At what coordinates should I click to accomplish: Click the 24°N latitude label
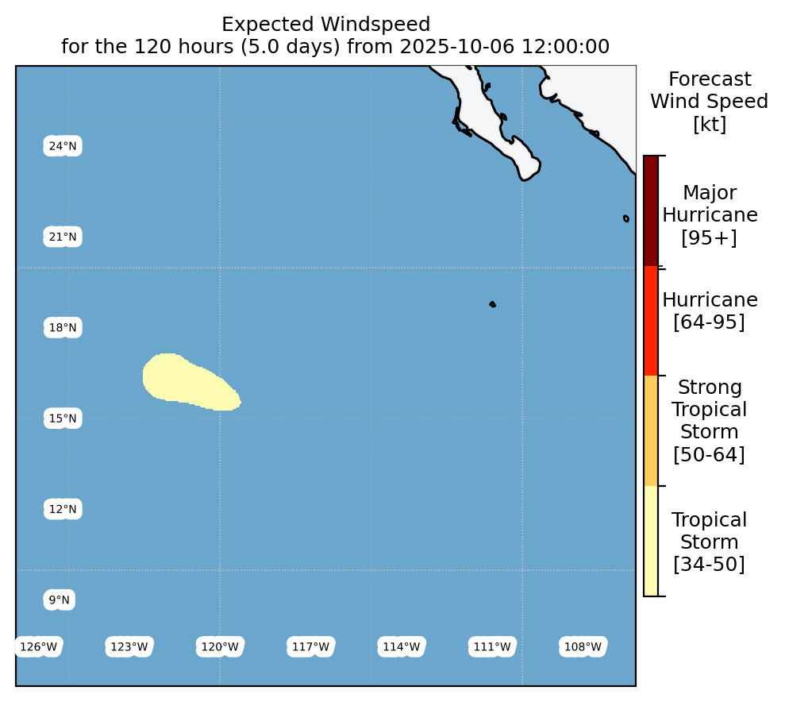[63, 146]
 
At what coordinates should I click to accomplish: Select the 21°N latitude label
[63, 237]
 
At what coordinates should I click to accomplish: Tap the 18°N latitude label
[63, 327]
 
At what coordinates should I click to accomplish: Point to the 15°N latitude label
[63, 418]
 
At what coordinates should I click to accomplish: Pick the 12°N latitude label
[63, 509]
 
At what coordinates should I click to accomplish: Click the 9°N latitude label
[59, 600]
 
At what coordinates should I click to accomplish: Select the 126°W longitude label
[39, 647]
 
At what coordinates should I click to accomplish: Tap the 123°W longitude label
[129, 647]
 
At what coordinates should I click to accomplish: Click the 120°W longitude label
[220, 647]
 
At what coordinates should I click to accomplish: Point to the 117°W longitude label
[311, 647]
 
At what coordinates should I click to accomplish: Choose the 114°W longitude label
[402, 647]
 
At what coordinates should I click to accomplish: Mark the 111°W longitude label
[492, 647]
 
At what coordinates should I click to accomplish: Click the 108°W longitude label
[583, 647]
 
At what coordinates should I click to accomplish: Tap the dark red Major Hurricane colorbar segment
[651, 210]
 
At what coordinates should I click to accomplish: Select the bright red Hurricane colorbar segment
[651, 321]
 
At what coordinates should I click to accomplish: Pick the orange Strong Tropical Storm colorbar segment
[651, 430]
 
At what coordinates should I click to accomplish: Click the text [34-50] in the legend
[709, 565]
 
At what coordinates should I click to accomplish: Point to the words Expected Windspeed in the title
[326, 25]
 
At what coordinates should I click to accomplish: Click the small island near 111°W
[493, 304]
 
